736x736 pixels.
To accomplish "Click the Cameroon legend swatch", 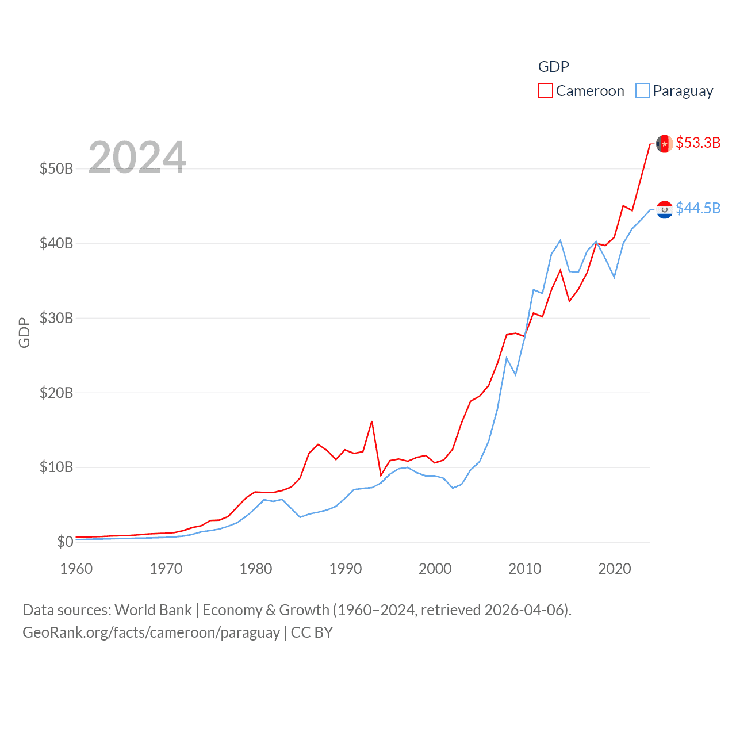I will (x=545, y=91).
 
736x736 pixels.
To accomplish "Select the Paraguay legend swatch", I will (x=642, y=91).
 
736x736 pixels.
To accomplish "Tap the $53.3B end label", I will (x=698, y=143).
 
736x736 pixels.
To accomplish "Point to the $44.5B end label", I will (x=698, y=208).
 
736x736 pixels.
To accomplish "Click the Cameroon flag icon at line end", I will (x=665, y=143).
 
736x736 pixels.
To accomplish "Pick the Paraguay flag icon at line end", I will (x=665, y=209).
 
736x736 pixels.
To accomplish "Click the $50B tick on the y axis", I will (x=56, y=168).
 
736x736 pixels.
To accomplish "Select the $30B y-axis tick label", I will (x=56, y=318).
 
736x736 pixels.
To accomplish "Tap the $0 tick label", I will (x=65, y=542).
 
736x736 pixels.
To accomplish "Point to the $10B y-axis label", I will (x=56, y=467).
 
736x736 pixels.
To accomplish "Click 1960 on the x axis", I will (x=76, y=569).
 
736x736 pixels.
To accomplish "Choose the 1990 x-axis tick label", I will (x=346, y=569).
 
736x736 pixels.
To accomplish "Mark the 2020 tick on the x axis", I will (x=615, y=569).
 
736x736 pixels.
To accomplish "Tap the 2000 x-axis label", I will (x=435, y=569).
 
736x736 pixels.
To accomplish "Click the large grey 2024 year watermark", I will (x=137, y=157).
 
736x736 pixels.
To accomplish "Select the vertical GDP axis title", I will (x=24, y=332).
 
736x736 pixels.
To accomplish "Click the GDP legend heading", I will (x=553, y=67).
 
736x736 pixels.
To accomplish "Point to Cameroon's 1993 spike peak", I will (x=372, y=421).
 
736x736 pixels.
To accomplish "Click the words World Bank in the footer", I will (x=154, y=610).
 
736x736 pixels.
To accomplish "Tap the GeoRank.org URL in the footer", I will (x=151, y=632).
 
